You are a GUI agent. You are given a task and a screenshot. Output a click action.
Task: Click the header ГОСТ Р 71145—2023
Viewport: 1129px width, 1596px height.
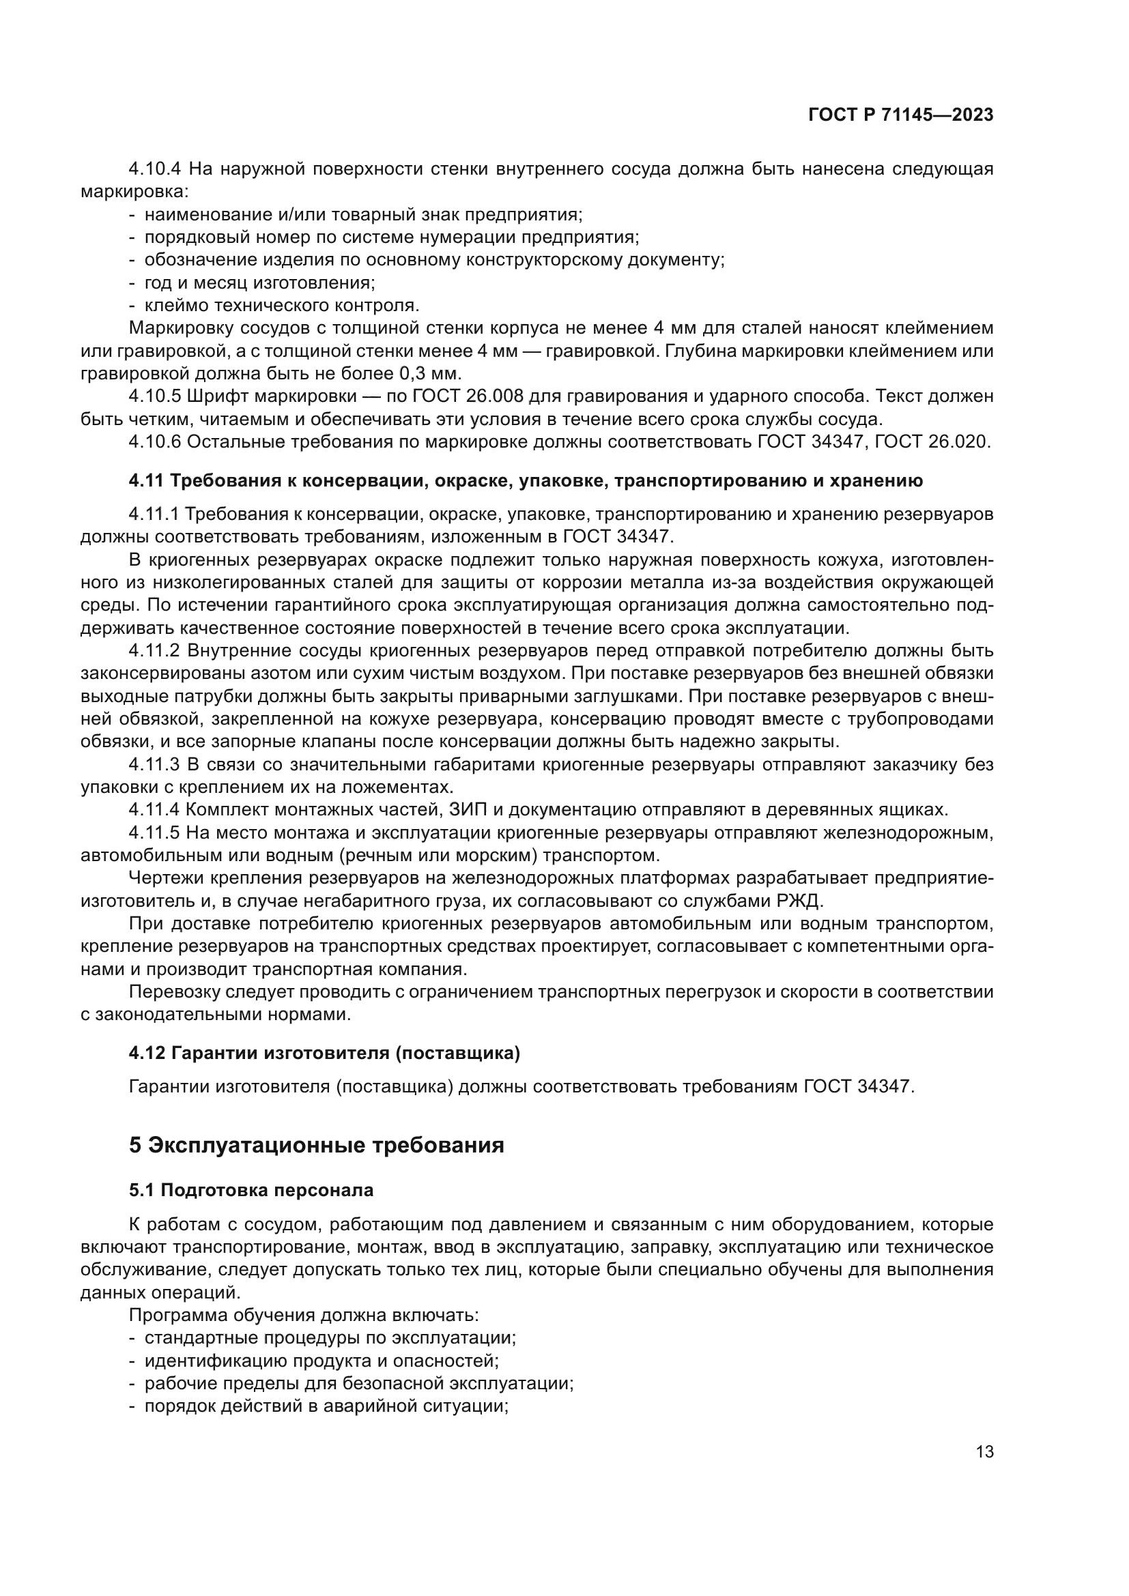point(900,115)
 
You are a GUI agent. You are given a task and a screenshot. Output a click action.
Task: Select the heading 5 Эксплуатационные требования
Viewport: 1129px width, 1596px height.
point(316,1144)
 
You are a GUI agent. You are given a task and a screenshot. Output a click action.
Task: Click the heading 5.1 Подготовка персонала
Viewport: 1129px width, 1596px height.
point(251,1190)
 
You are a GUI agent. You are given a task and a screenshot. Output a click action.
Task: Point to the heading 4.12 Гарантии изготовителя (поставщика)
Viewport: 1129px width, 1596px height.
point(324,1053)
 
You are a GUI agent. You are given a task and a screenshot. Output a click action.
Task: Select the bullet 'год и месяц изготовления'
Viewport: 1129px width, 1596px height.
point(259,283)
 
